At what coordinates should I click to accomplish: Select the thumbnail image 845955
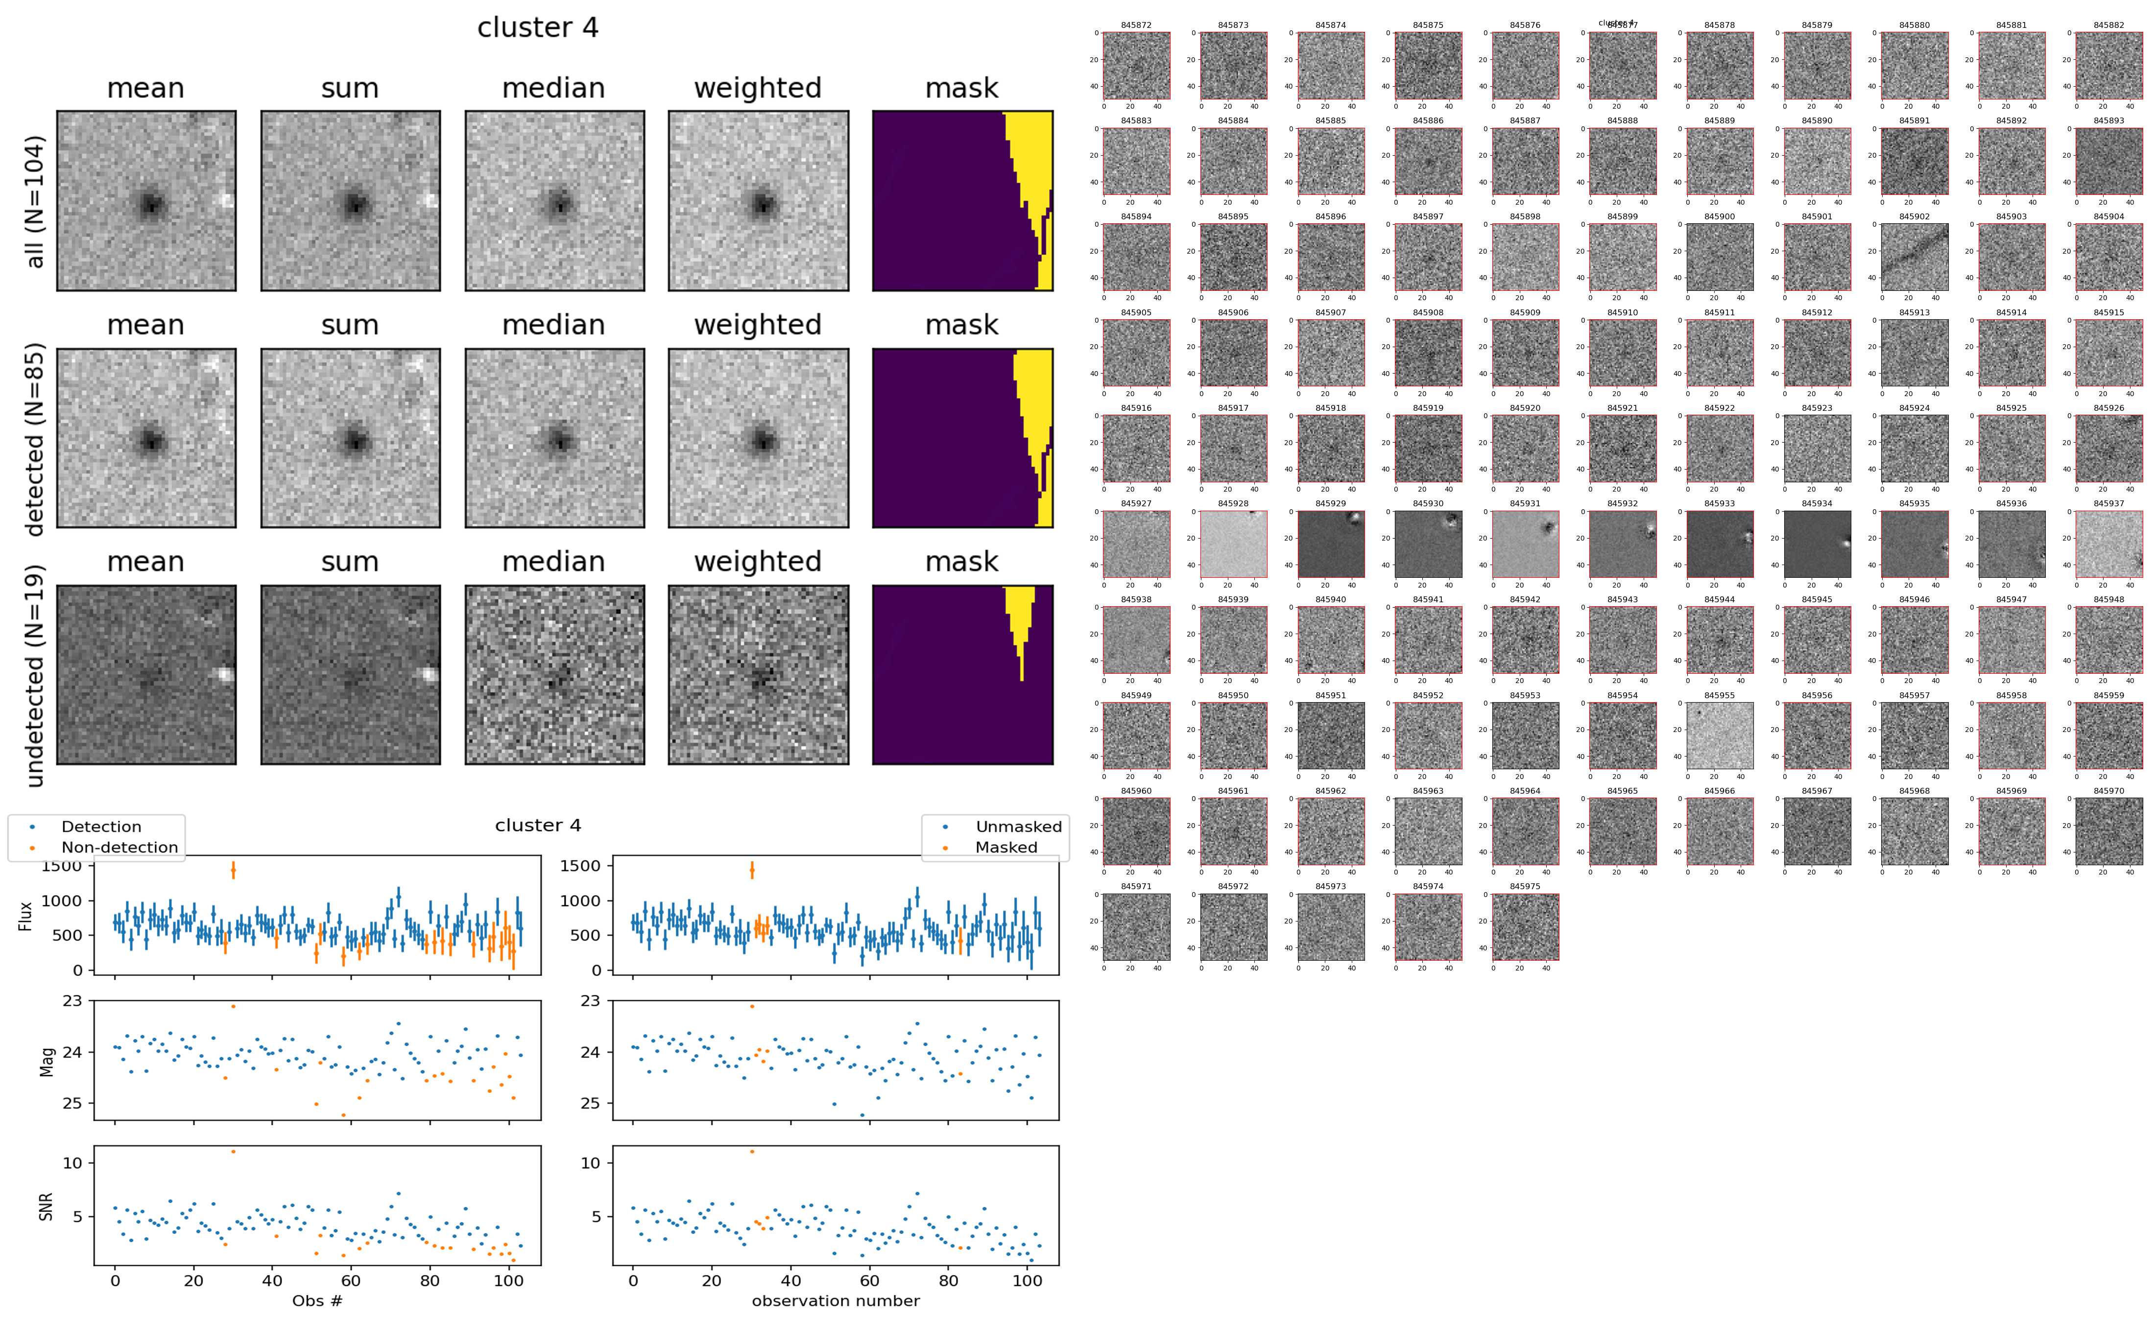(x=1720, y=735)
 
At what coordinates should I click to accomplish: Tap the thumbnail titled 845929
(x=1330, y=544)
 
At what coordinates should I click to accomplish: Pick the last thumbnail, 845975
(x=1525, y=926)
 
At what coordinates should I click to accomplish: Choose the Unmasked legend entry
(x=1018, y=827)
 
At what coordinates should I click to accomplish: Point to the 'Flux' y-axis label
(x=25, y=916)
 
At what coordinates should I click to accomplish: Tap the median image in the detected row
(x=554, y=438)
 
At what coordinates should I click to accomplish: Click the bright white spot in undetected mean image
(x=225, y=674)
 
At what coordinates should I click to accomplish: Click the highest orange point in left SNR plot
(x=233, y=1152)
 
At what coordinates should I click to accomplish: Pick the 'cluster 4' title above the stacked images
(x=538, y=28)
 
